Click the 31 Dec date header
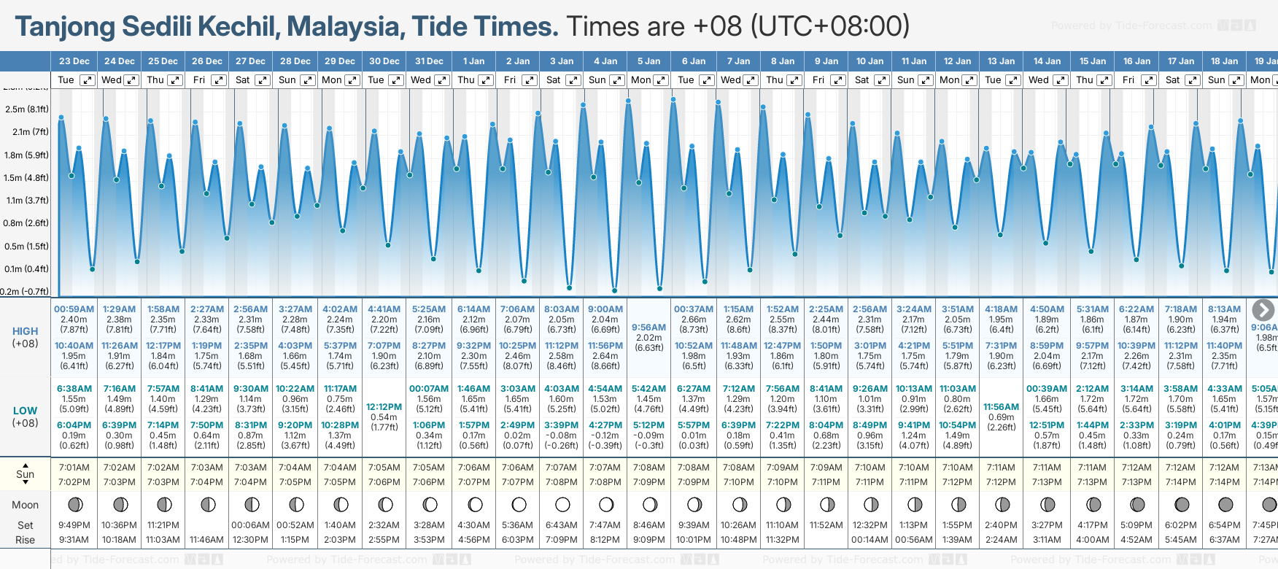click(429, 61)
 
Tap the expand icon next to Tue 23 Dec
click(87, 80)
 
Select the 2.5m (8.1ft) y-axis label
click(26, 109)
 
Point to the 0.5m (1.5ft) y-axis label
click(26, 246)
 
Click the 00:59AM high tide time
click(74, 309)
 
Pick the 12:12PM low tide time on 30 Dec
click(384, 407)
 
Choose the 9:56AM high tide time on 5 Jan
click(648, 328)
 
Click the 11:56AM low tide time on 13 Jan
click(1001, 407)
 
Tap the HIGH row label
click(26, 331)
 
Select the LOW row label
click(26, 411)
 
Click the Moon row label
click(26, 505)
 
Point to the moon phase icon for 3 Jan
click(562, 504)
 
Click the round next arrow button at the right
click(1263, 310)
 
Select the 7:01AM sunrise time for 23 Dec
click(74, 468)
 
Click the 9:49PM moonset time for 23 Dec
click(74, 525)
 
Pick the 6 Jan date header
click(694, 61)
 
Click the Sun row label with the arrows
click(26, 474)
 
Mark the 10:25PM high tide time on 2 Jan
click(518, 346)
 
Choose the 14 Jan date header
click(1047, 61)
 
